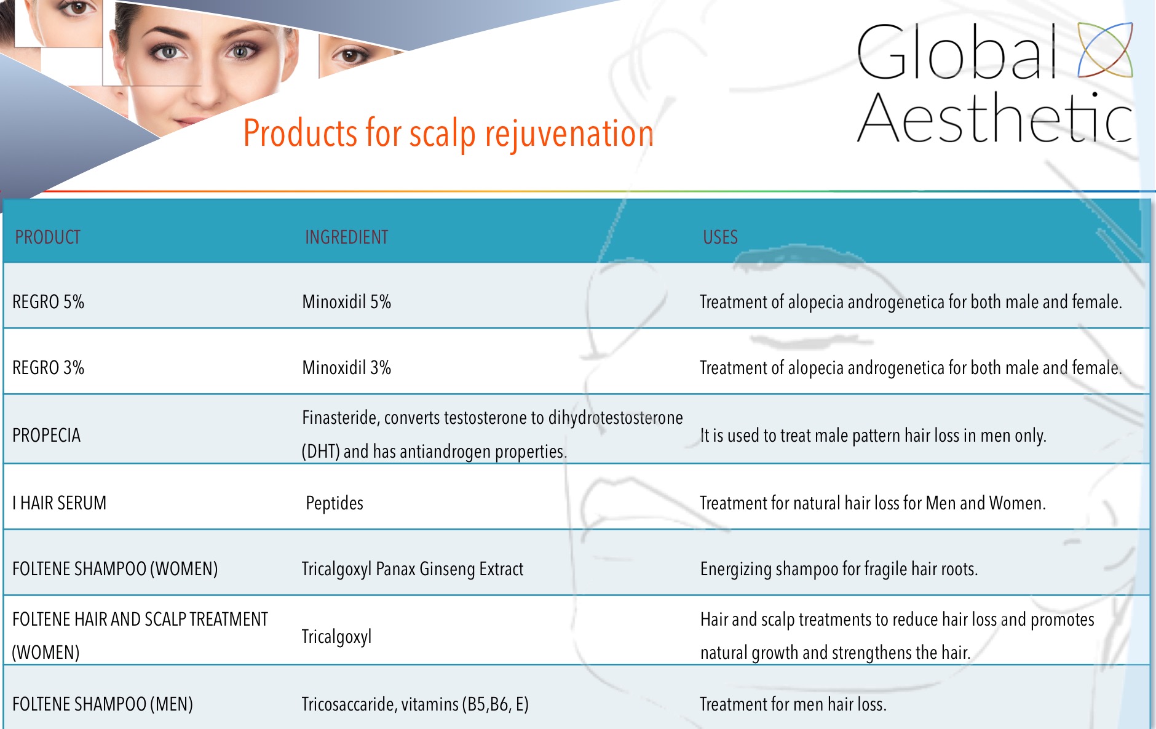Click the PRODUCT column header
click(x=48, y=237)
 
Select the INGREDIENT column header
click(x=347, y=237)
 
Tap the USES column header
click(x=720, y=237)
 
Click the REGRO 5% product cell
click(x=48, y=302)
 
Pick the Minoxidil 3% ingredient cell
click(x=347, y=368)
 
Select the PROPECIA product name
click(x=47, y=436)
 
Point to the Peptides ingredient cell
click(x=335, y=503)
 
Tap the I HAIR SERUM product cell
click(x=59, y=503)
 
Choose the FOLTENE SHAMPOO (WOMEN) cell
click(x=115, y=569)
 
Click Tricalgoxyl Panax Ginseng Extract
click(x=413, y=569)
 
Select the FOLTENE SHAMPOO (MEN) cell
click(x=103, y=704)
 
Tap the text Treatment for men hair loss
click(x=793, y=704)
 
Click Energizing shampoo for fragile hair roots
click(x=839, y=569)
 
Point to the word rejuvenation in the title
click(x=569, y=134)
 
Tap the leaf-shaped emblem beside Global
click(x=1106, y=50)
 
